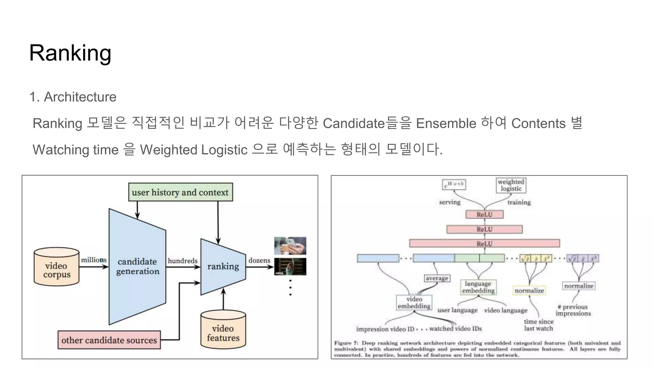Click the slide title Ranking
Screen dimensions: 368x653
coord(70,53)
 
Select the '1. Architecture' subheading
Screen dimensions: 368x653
coord(73,97)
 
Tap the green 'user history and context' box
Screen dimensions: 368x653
coord(180,192)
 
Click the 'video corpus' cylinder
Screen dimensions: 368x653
coord(56,267)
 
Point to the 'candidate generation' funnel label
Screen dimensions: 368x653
coord(137,266)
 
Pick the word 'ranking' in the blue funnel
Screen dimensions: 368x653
coord(223,266)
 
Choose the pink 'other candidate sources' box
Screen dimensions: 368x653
coord(109,340)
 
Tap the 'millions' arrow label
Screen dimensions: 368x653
coord(93,260)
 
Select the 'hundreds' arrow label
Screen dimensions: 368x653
coord(183,261)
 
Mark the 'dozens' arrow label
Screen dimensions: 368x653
coord(259,260)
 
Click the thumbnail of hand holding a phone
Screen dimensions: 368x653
coord(290,246)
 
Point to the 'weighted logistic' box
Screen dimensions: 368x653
coord(511,185)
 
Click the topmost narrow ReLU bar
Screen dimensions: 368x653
coord(484,214)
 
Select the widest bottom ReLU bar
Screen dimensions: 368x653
coord(484,243)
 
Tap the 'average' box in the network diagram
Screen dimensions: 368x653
coord(437,278)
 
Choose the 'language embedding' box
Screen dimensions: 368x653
coord(478,287)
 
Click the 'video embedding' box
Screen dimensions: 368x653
coord(414,303)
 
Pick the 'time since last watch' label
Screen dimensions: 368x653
coord(539,325)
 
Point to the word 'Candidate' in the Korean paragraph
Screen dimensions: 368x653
coord(354,123)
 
